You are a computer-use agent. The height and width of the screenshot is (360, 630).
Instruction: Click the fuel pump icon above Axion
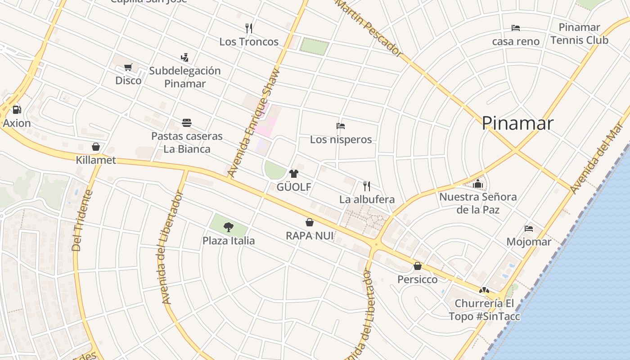pyautogui.click(x=17, y=109)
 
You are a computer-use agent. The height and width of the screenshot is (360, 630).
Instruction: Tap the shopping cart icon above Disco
pyautogui.click(x=128, y=67)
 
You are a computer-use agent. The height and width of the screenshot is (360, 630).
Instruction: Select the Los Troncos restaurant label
pyautogui.click(x=249, y=42)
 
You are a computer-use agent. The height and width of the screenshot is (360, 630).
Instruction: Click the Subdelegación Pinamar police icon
pyautogui.click(x=184, y=57)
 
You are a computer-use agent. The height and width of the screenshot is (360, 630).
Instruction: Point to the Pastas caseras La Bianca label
pyautogui.click(x=187, y=142)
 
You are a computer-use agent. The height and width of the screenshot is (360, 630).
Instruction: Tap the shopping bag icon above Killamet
pyautogui.click(x=95, y=147)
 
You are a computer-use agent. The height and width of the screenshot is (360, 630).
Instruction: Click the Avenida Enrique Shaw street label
pyautogui.click(x=253, y=122)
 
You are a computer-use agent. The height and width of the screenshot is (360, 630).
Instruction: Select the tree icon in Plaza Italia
pyautogui.click(x=229, y=227)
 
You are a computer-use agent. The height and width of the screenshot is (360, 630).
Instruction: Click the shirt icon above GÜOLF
pyautogui.click(x=294, y=174)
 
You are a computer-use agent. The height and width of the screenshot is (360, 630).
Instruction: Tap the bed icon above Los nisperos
pyautogui.click(x=341, y=126)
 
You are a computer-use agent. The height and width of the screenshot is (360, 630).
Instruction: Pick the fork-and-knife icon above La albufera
pyautogui.click(x=367, y=186)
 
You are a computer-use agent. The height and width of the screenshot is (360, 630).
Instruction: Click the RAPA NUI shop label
pyautogui.click(x=310, y=235)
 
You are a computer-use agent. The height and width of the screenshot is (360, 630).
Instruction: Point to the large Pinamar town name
pyautogui.click(x=517, y=123)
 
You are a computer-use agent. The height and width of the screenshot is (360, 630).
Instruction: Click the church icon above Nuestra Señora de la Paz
pyautogui.click(x=478, y=184)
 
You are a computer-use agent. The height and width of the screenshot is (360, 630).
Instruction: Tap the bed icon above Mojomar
pyautogui.click(x=529, y=229)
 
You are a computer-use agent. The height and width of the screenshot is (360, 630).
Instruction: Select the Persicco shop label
pyautogui.click(x=417, y=279)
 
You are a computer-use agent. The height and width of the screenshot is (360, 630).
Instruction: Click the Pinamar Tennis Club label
pyautogui.click(x=579, y=34)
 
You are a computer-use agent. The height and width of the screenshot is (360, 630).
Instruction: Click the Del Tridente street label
pyautogui.click(x=82, y=220)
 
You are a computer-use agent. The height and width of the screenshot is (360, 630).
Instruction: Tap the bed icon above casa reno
pyautogui.click(x=516, y=28)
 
